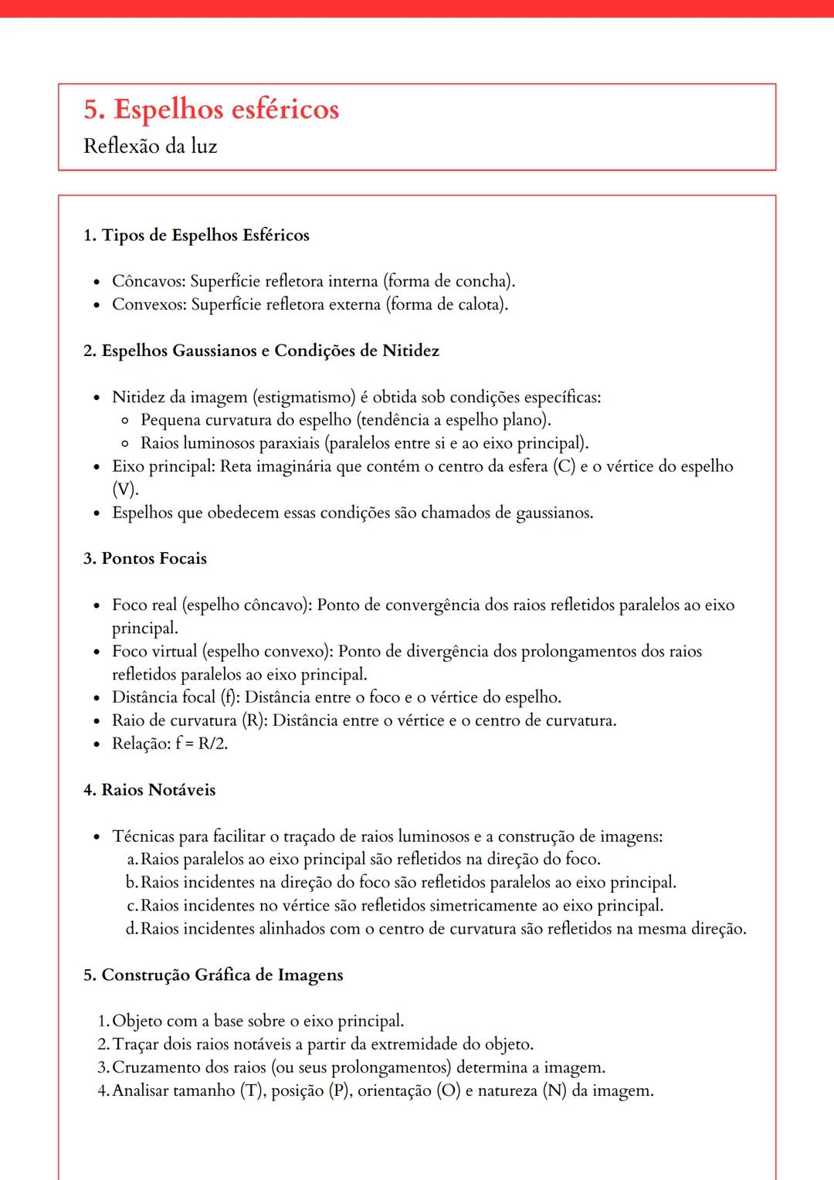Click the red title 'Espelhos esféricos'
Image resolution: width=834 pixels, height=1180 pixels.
click(x=226, y=110)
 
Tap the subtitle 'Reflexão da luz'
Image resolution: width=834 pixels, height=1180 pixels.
click(x=151, y=146)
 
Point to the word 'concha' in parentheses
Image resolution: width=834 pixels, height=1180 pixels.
click(x=483, y=281)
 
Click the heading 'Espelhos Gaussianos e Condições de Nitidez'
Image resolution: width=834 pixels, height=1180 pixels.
click(x=270, y=351)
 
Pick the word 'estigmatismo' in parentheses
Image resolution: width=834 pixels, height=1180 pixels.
click(x=304, y=397)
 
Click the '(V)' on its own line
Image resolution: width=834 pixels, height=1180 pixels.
click(x=124, y=490)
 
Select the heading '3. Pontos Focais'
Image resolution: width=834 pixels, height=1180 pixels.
click(x=145, y=558)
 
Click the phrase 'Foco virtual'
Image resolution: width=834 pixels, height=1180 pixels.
click(x=154, y=651)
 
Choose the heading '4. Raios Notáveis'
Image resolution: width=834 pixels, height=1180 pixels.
click(x=150, y=790)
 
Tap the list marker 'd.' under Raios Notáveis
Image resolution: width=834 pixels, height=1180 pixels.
click(x=131, y=928)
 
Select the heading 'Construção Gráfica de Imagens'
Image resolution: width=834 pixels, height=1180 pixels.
click(x=222, y=975)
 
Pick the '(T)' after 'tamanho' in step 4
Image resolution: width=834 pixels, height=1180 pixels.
click(x=251, y=1090)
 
